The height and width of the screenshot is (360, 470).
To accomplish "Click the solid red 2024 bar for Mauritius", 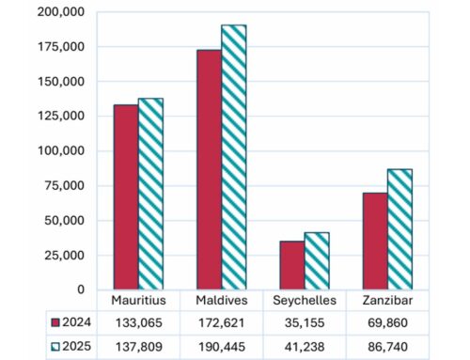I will (x=126, y=196).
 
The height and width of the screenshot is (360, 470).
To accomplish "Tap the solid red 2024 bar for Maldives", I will (x=209, y=169).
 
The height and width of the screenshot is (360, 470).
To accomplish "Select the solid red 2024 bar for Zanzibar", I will (x=374, y=241).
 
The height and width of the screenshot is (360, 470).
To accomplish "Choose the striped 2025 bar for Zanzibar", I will (x=399, y=229).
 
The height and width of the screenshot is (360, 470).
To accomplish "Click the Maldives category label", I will (x=221, y=301).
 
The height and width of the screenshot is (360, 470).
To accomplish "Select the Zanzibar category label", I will (x=386, y=301).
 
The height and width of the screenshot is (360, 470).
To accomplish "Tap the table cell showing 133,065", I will (x=138, y=321).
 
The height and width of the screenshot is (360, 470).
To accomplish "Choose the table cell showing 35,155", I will (x=304, y=321).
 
